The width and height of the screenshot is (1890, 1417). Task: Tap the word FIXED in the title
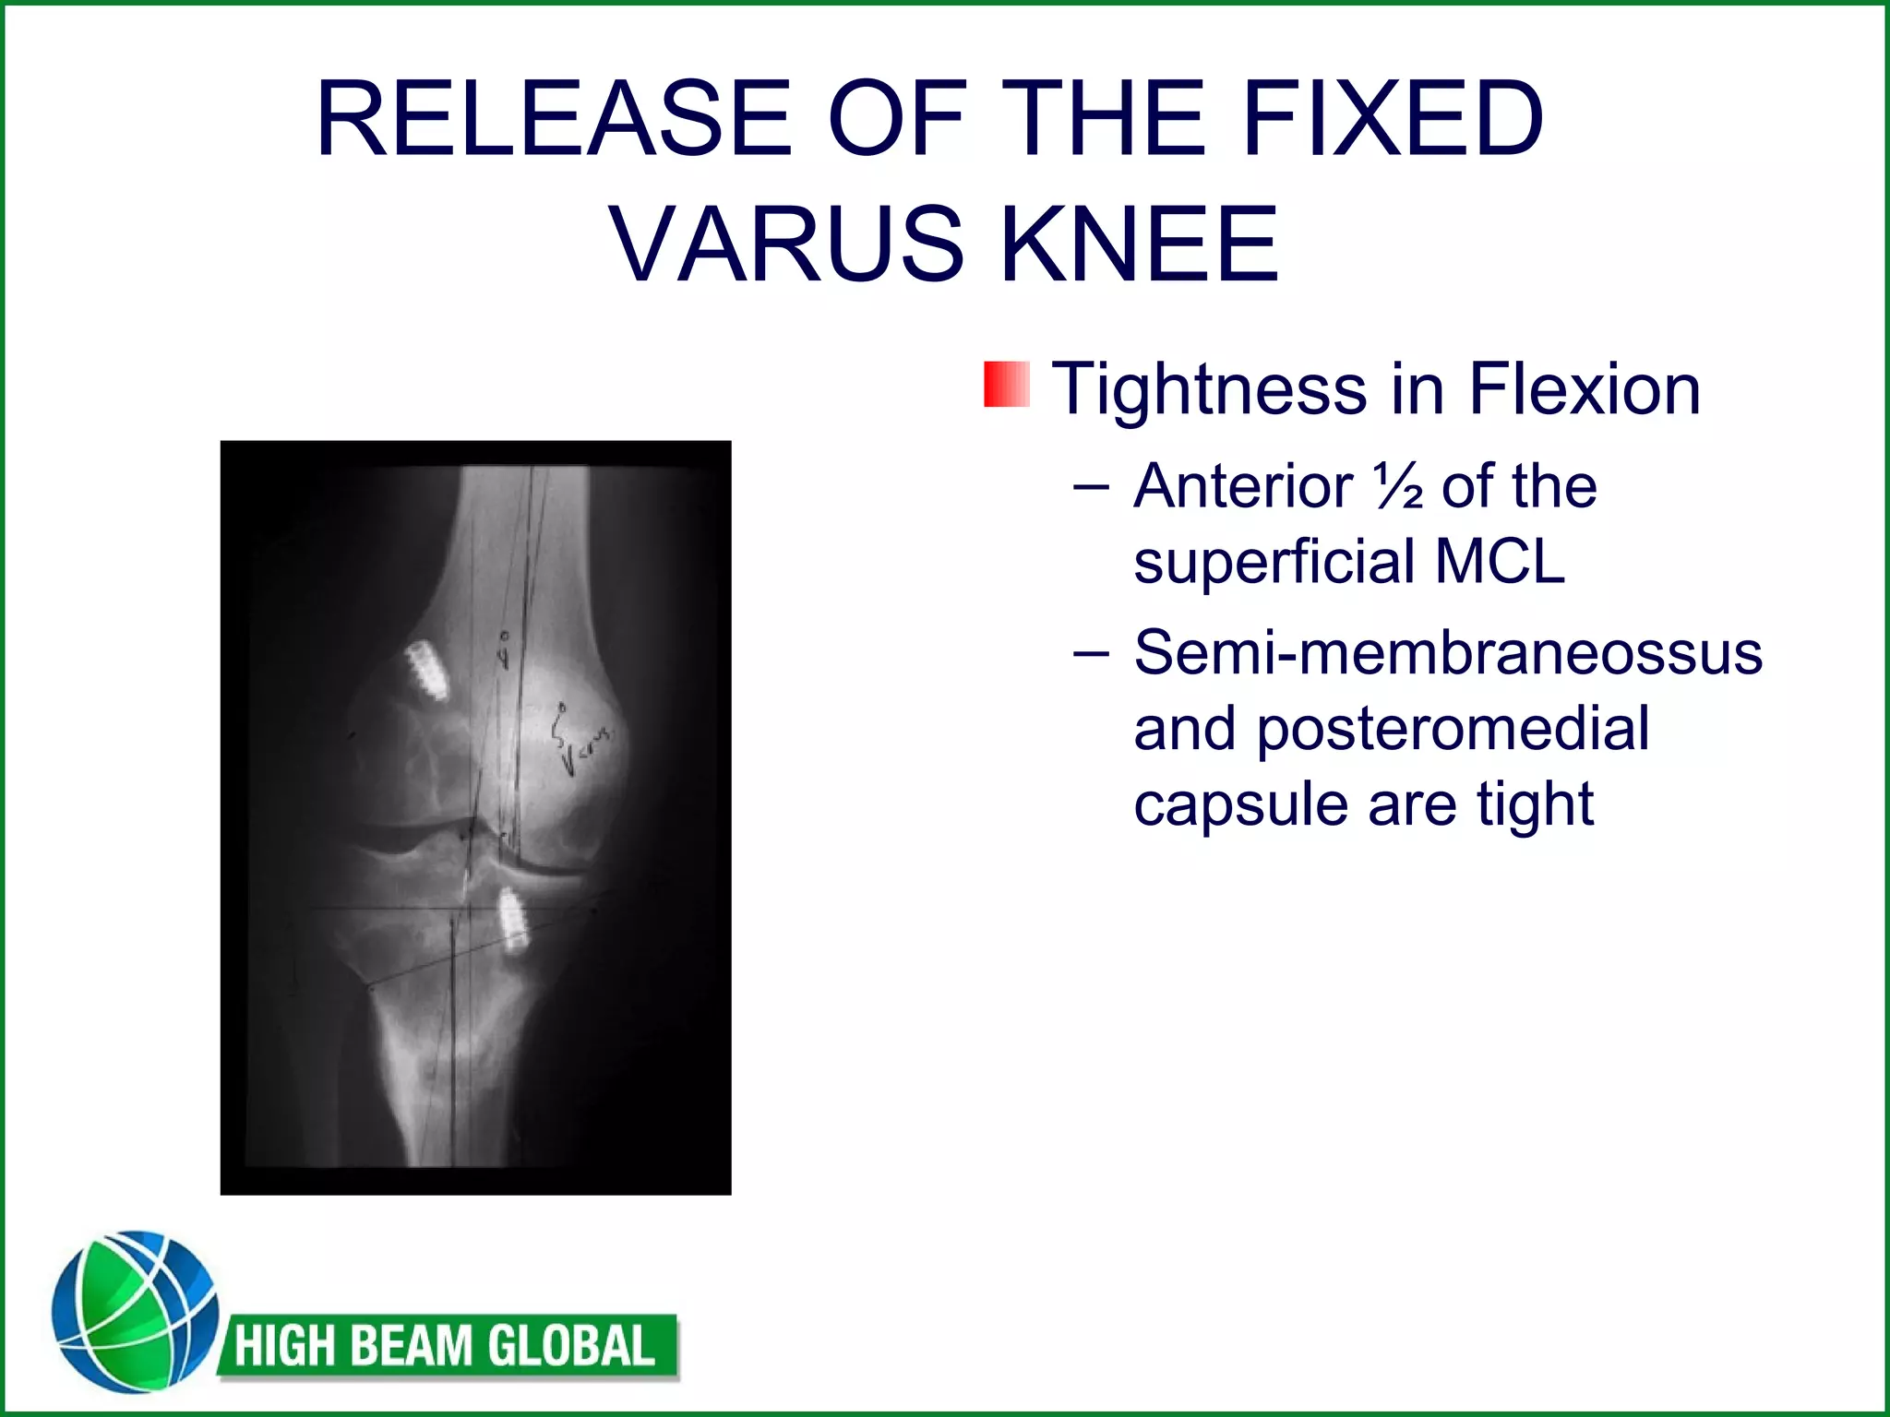coord(1393,120)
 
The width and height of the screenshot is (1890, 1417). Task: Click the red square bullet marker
coord(1006,385)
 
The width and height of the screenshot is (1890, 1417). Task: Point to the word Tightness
coord(1209,389)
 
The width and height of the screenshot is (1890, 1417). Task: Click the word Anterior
coord(1243,486)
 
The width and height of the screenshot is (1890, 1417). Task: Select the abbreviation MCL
coord(1500,561)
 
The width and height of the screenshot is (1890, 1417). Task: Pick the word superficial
coord(1274,563)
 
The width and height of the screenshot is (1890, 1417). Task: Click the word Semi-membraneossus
coord(1448,653)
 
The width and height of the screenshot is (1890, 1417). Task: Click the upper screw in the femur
coord(426,670)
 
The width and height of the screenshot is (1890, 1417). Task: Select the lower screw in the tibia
coord(511,920)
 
